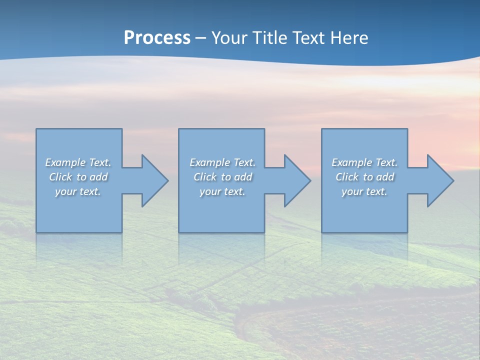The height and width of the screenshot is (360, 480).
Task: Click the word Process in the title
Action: point(157,38)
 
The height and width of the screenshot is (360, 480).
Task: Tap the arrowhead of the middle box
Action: point(297,180)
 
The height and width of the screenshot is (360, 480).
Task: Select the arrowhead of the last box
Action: point(440,180)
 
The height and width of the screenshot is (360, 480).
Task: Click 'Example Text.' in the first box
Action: point(78,162)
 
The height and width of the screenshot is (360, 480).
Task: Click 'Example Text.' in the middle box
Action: point(222,162)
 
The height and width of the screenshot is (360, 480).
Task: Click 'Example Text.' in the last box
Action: point(364,162)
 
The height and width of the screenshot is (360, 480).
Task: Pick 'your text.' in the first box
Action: point(78,191)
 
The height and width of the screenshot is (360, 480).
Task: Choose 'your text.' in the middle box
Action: point(222,191)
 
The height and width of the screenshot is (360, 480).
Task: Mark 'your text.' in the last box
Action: point(364,191)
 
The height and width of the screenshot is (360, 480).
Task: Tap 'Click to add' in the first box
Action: point(78,177)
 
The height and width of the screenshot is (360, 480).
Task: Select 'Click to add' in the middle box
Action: point(222,177)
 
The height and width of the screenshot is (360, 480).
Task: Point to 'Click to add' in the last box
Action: point(364,177)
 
